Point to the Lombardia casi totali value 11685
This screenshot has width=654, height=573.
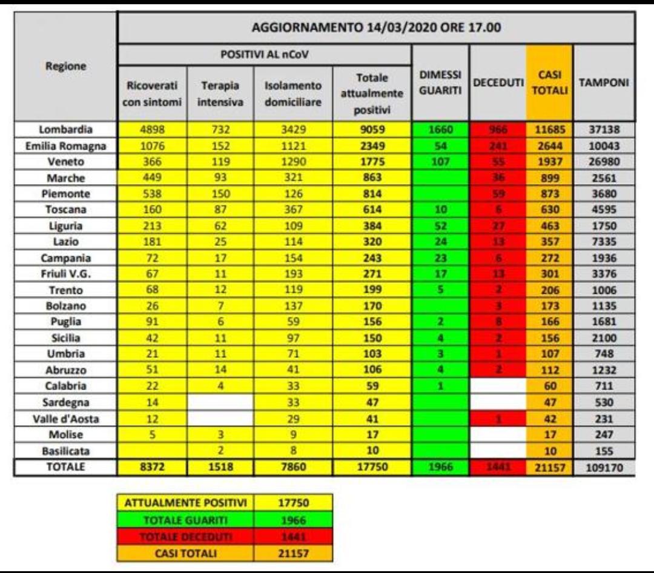point(549,128)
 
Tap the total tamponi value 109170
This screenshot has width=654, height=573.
point(603,468)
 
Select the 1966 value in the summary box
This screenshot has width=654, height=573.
point(294,519)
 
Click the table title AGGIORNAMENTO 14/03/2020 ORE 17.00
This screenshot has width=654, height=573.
point(375,28)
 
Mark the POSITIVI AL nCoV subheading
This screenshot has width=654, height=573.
point(265,55)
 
